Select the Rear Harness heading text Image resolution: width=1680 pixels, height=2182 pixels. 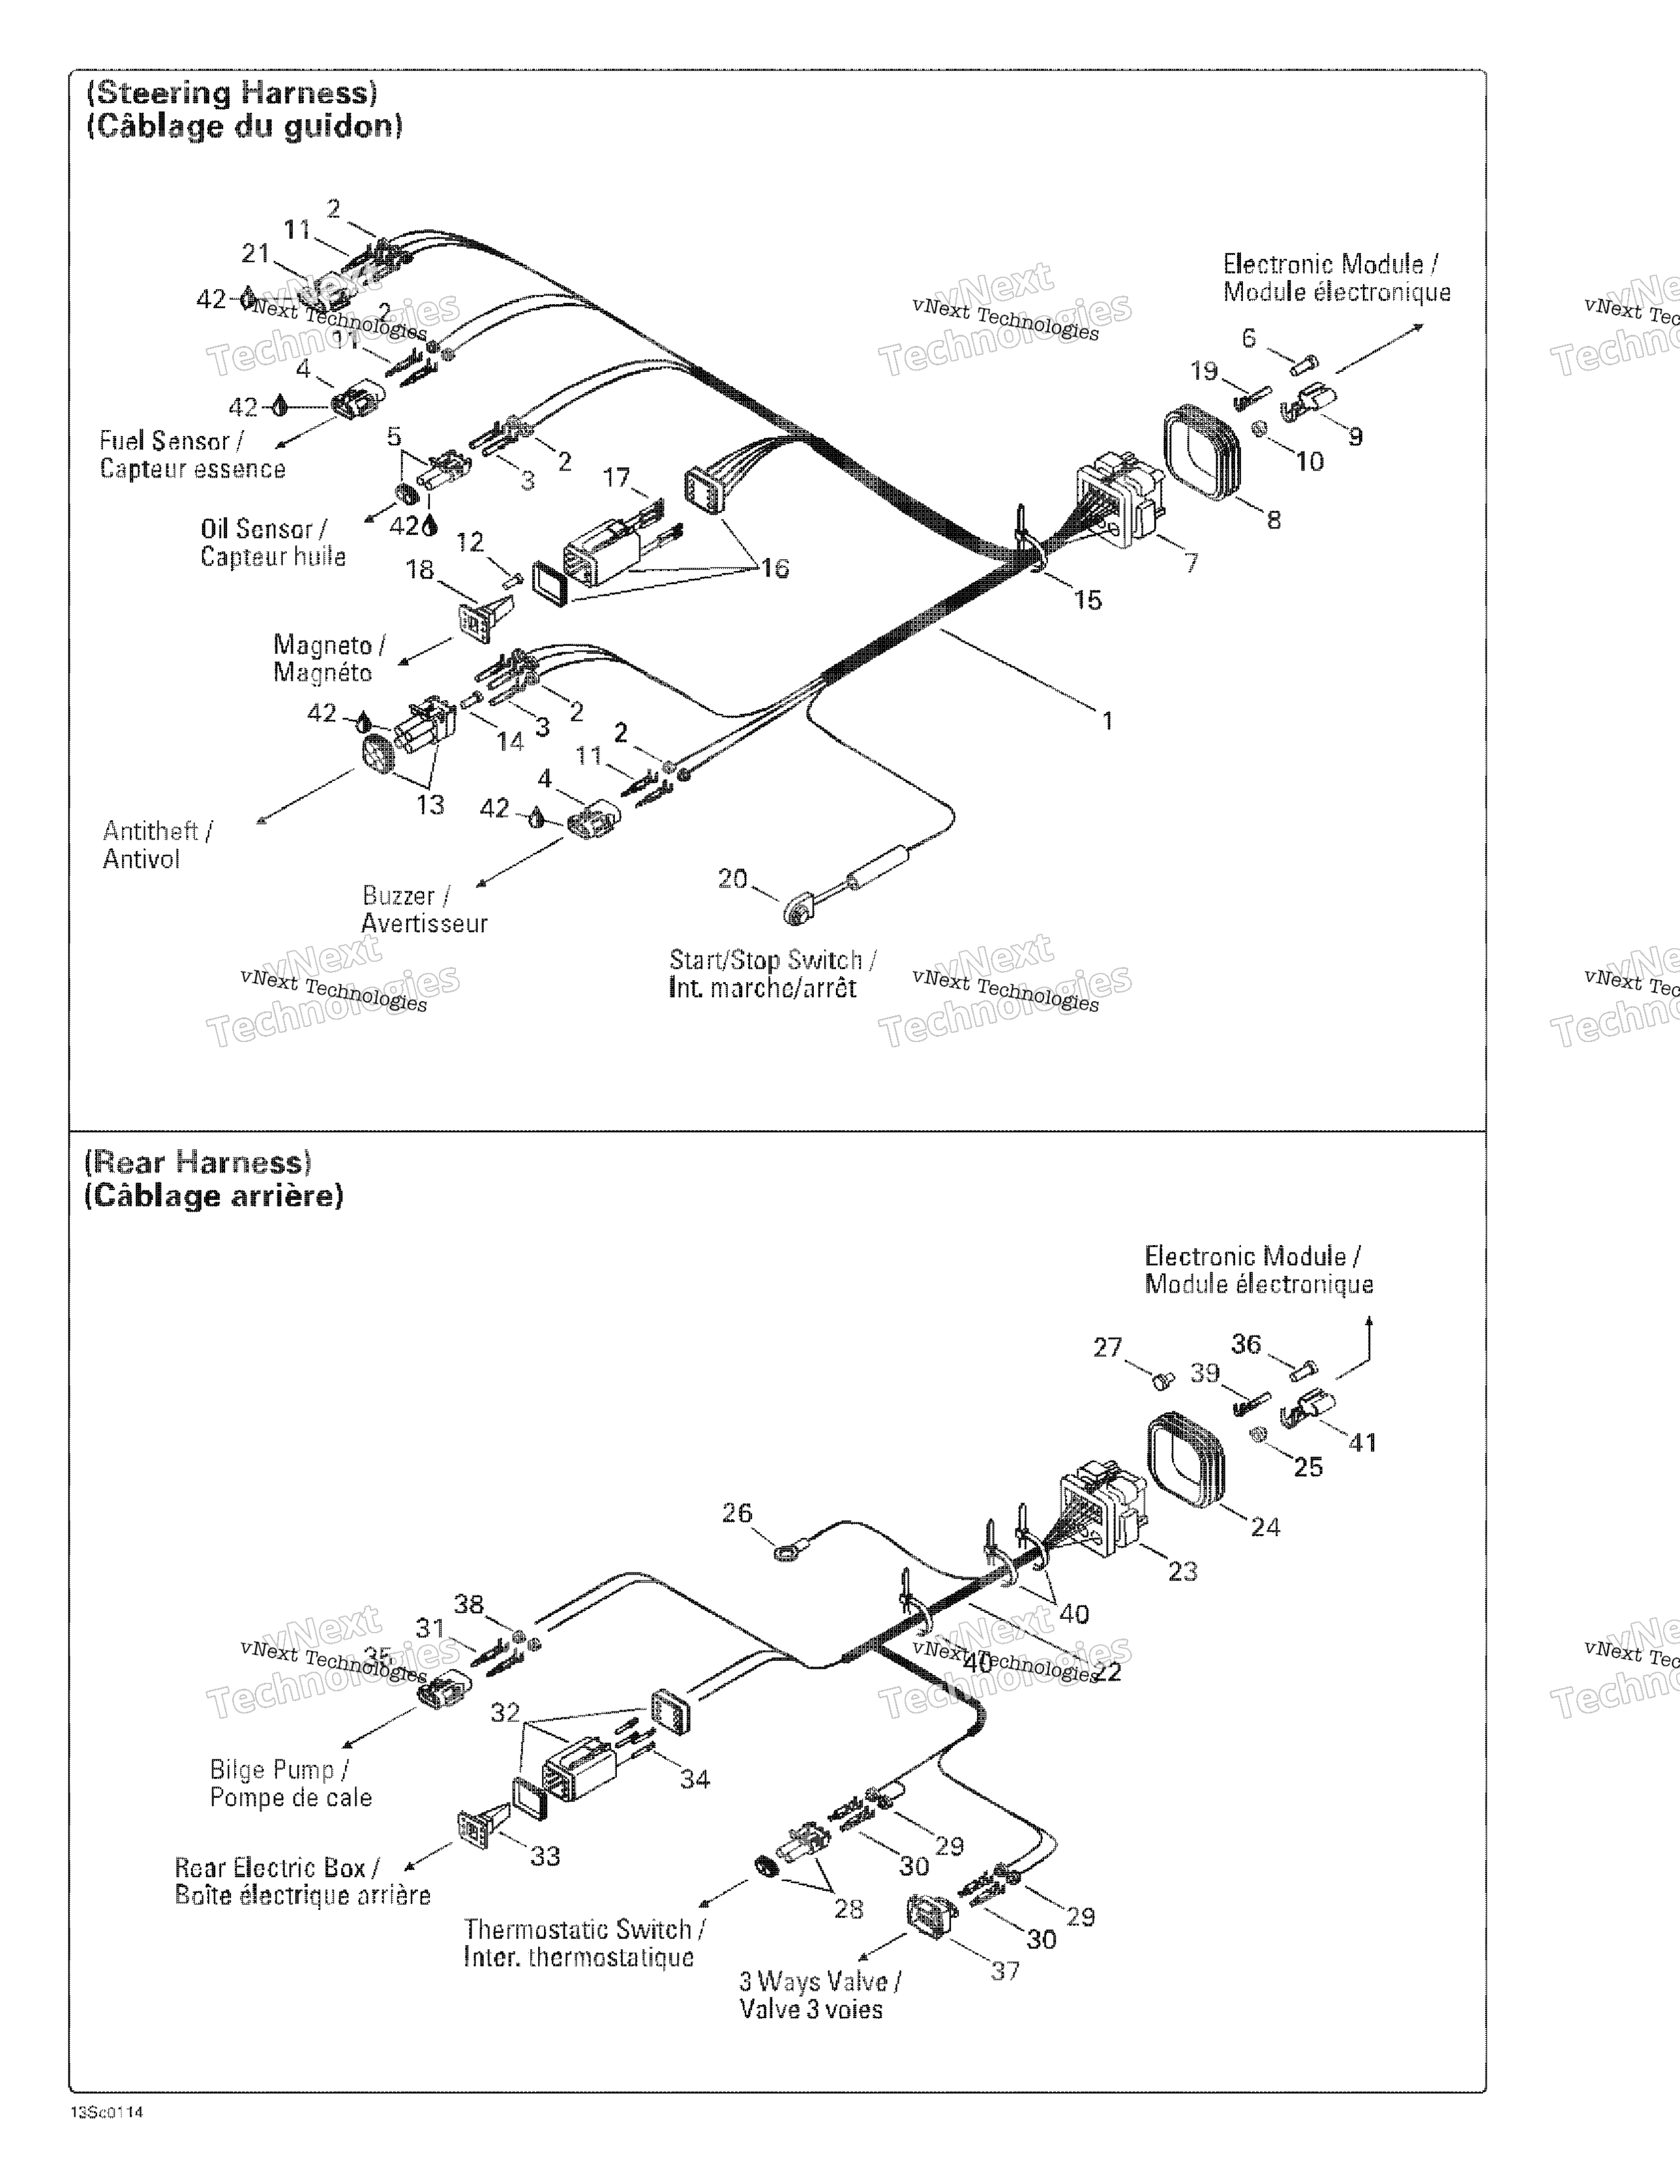pos(198,1162)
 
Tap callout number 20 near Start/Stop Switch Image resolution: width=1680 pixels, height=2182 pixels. pos(732,879)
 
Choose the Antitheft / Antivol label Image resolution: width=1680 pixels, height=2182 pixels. pos(157,844)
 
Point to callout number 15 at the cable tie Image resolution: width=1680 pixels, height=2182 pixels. pos(1087,600)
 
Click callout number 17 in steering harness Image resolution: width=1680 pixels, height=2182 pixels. pos(616,478)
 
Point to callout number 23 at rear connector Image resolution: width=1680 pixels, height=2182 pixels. pos(1182,1571)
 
